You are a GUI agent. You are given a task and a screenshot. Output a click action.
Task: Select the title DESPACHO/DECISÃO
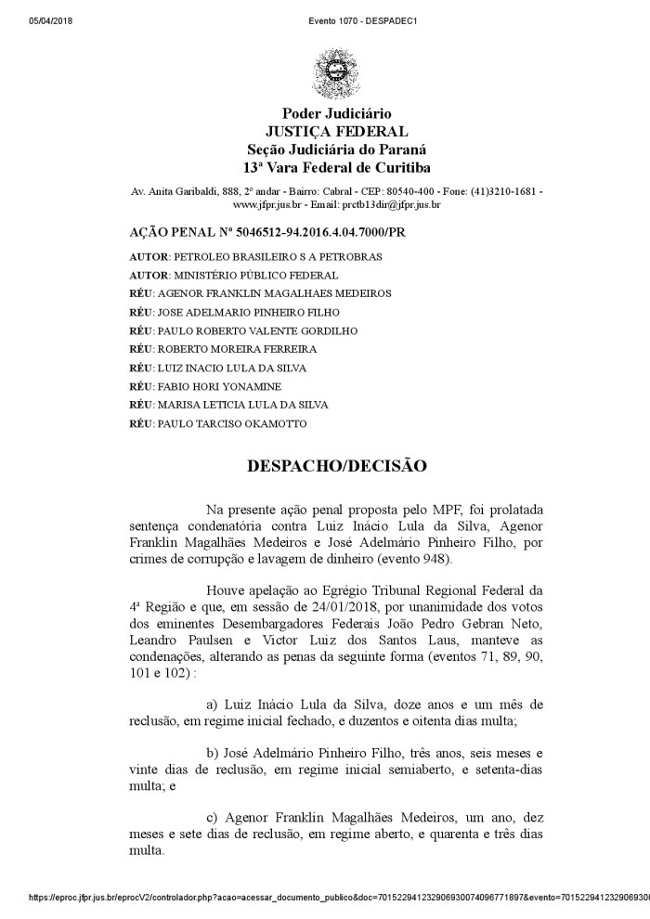(x=337, y=465)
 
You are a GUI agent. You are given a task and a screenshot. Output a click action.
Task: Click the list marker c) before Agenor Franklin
(x=213, y=817)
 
